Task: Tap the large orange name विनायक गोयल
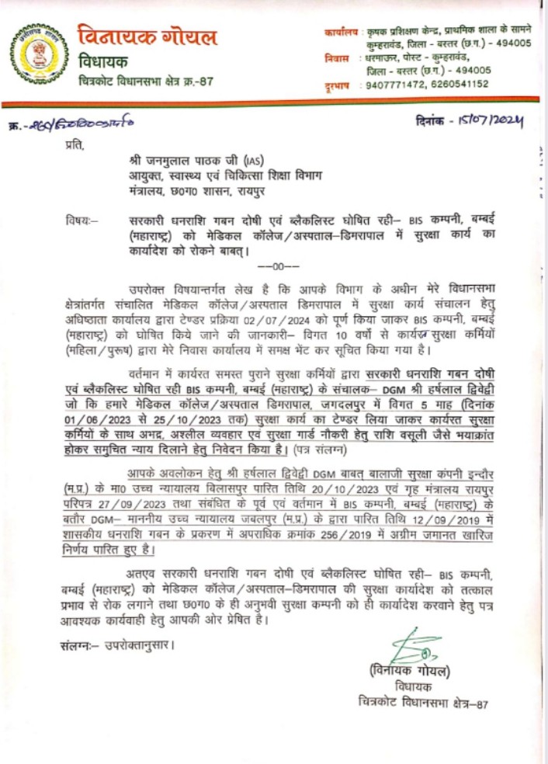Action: pos(147,36)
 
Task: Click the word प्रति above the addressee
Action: pos(75,145)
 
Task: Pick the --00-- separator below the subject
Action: pos(272,264)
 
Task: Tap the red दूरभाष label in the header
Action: pos(338,85)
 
